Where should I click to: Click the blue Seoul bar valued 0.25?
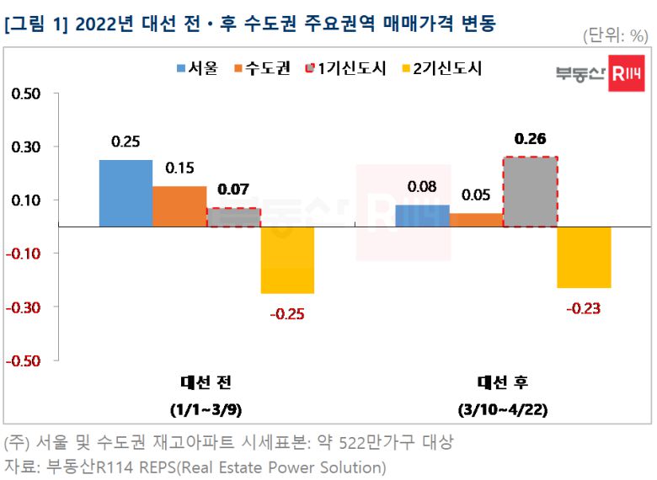click(x=126, y=193)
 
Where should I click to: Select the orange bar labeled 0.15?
click(x=179, y=206)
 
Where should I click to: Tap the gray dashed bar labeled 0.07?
click(x=233, y=217)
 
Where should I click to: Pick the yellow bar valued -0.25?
click(x=287, y=260)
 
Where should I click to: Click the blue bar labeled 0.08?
click(x=422, y=216)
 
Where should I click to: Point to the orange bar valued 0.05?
click(x=476, y=220)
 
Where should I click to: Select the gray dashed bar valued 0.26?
click(x=530, y=192)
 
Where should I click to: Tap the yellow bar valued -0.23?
click(x=584, y=257)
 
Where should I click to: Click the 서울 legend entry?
click(x=197, y=68)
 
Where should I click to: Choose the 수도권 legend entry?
click(x=264, y=68)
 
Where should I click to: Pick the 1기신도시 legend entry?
click(x=349, y=68)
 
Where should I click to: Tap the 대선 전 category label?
click(x=205, y=382)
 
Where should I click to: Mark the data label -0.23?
click(x=583, y=309)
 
